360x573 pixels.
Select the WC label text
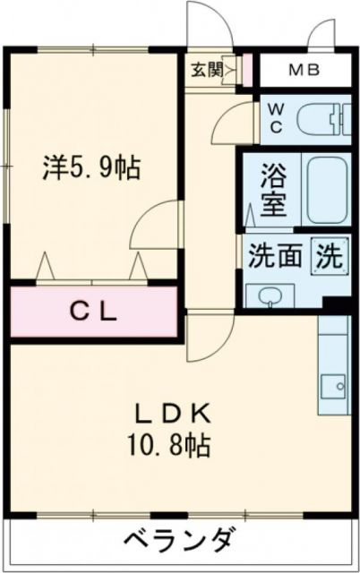[x=276, y=118]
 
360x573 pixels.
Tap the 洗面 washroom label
[x=274, y=257]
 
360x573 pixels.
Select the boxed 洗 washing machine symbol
[x=328, y=256]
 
